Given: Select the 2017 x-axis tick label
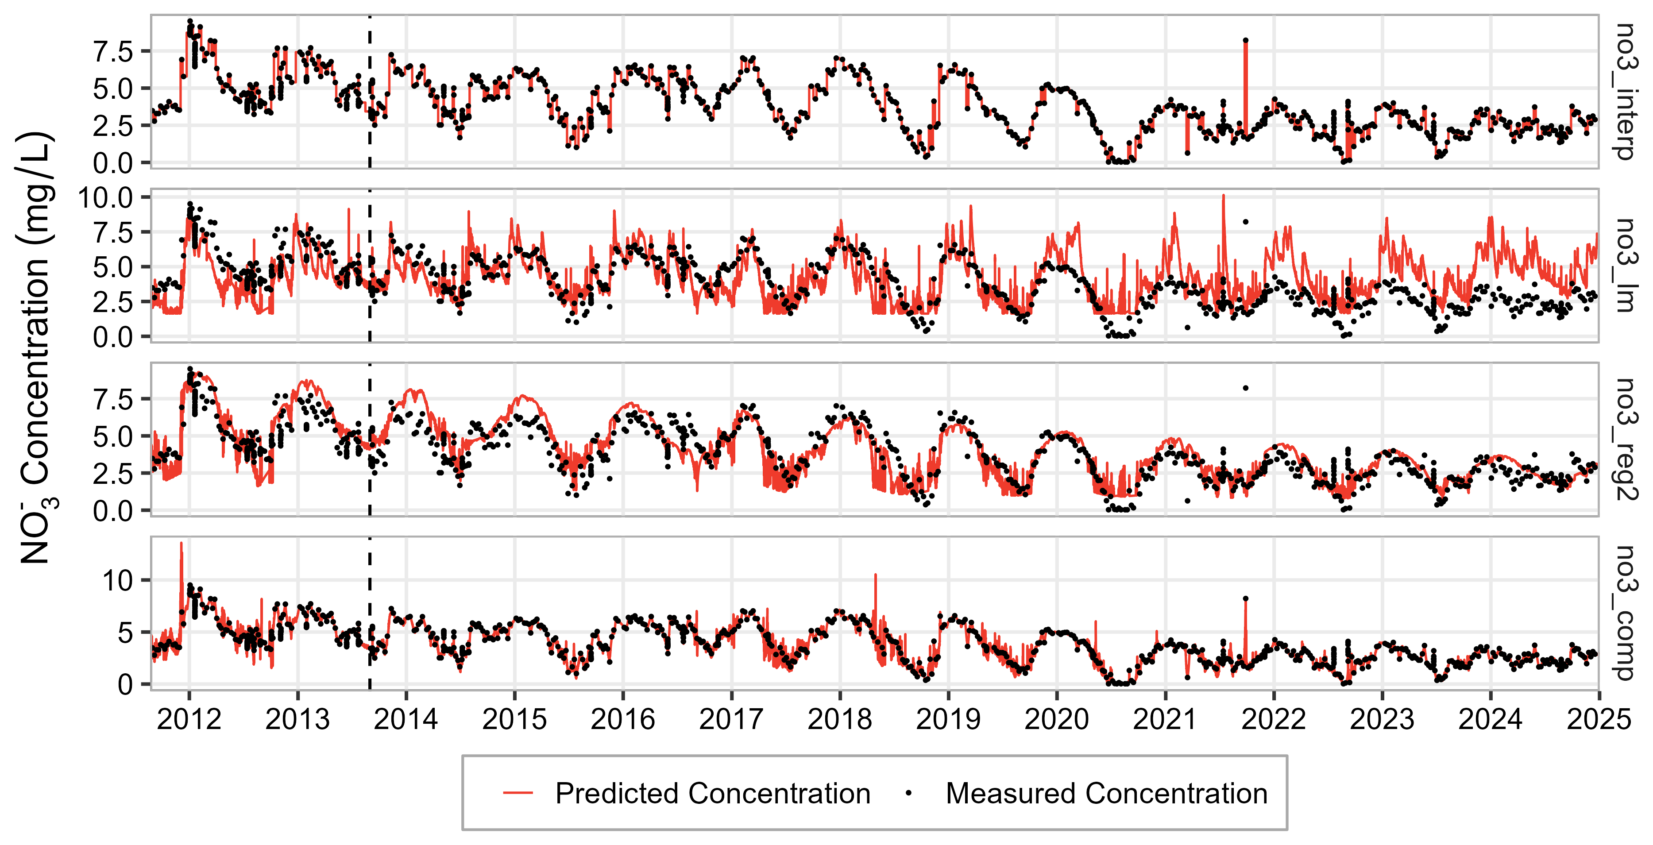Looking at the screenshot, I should pyautogui.click(x=731, y=719).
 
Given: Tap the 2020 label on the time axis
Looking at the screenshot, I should pyautogui.click(x=1056, y=719).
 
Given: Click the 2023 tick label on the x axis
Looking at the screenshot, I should pyautogui.click(x=1382, y=719).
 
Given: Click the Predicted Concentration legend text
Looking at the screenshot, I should pyautogui.click(x=712, y=794).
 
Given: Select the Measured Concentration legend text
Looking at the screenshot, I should pyautogui.click(x=1106, y=794).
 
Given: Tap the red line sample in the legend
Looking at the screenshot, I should pyautogui.click(x=518, y=794).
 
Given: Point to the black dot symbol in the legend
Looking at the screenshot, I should pyautogui.click(x=908, y=794).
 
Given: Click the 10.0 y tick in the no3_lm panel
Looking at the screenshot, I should pyautogui.click(x=106, y=197).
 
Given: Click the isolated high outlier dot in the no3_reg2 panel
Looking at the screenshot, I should pyautogui.click(x=1246, y=388).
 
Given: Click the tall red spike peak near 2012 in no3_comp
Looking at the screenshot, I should pyautogui.click(x=181, y=544).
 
